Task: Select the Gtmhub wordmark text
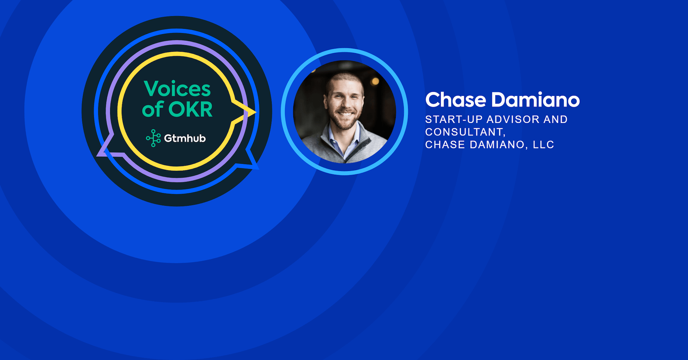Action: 185,138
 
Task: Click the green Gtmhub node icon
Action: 153,138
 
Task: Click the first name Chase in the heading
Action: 456,100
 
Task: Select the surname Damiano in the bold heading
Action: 536,100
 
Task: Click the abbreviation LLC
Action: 543,145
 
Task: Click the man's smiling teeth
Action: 346,114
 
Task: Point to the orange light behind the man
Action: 375,81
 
